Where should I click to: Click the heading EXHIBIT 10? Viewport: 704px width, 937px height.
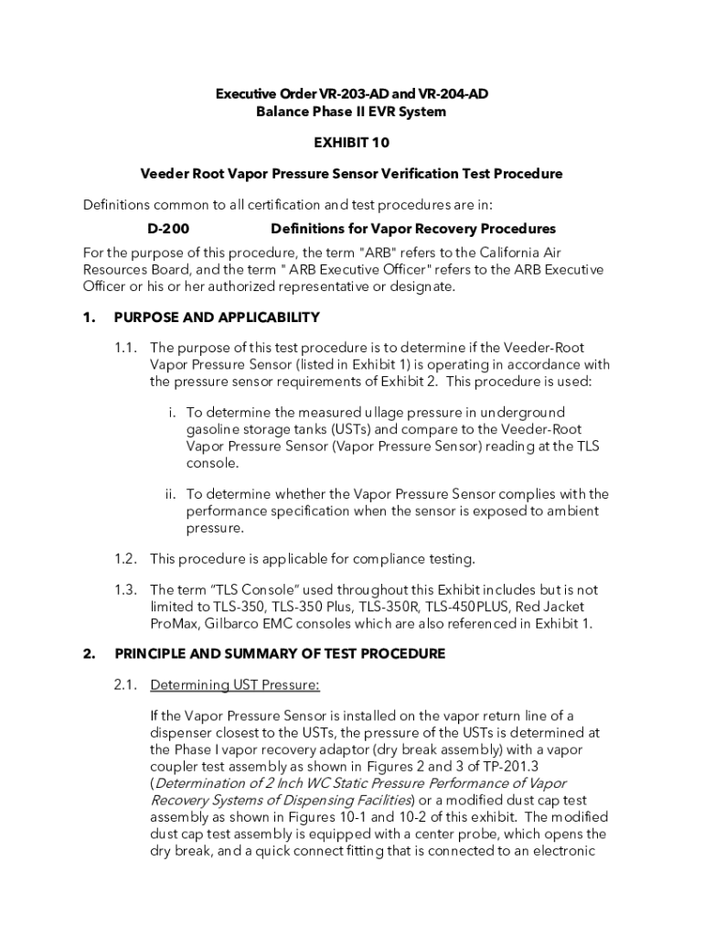click(352, 143)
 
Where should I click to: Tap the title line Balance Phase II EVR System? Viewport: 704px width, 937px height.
click(352, 112)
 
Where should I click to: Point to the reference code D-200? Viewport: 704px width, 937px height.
click(168, 229)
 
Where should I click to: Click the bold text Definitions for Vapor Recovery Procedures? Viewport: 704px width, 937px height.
click(413, 229)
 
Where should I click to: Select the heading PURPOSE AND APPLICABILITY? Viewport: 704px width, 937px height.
click(217, 318)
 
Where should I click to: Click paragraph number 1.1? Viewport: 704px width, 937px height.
click(126, 348)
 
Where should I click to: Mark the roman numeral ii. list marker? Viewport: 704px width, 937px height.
click(170, 494)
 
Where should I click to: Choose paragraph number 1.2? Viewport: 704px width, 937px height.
click(126, 559)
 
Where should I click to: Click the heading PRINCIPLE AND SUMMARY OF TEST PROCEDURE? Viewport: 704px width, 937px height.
click(280, 654)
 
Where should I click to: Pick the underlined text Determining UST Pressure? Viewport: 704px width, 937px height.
click(235, 684)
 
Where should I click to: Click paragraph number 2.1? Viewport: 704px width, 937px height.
click(126, 684)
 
